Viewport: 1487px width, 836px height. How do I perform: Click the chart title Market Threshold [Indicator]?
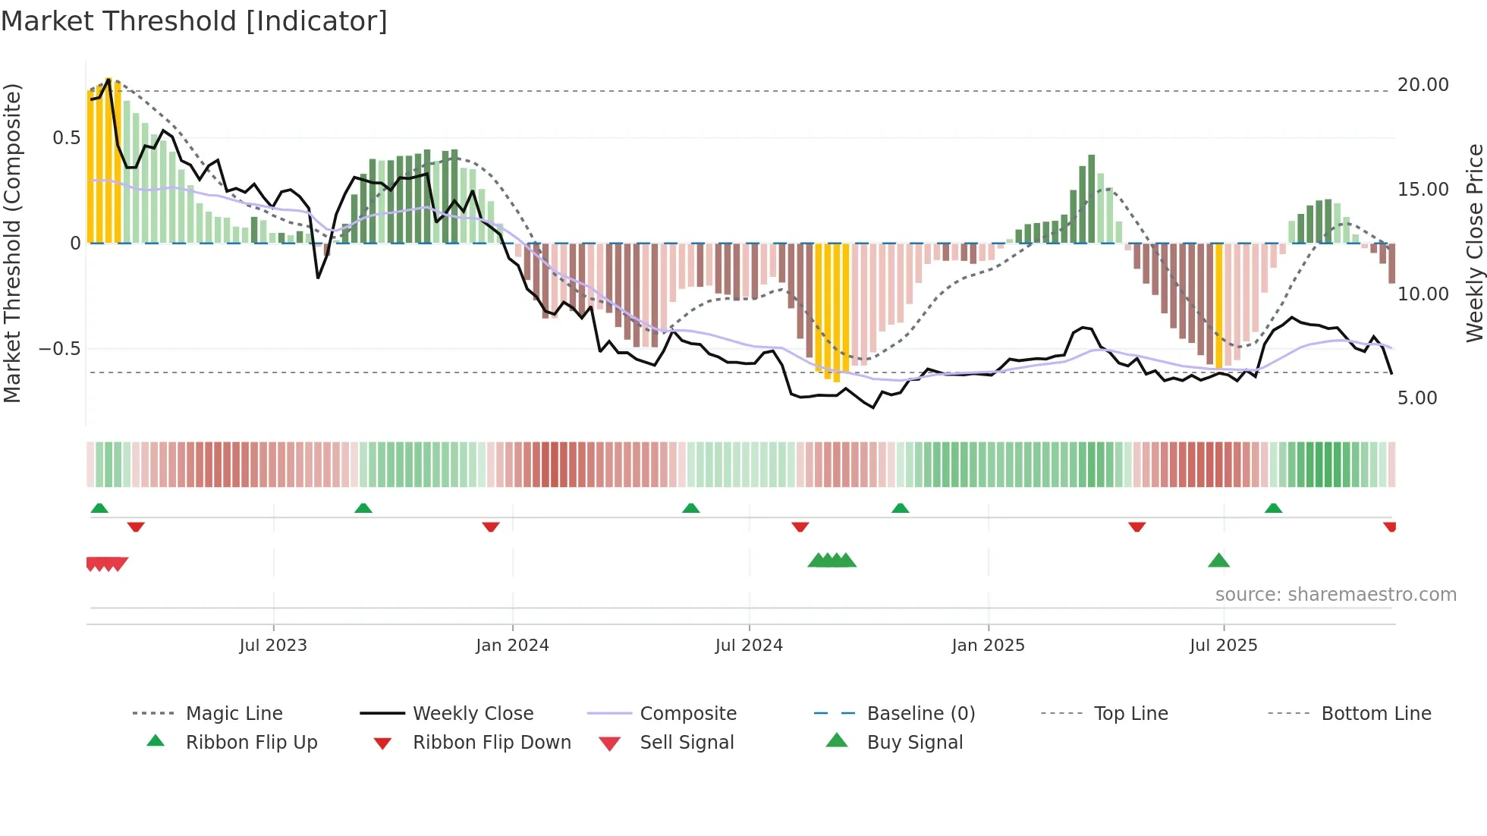pyautogui.click(x=194, y=21)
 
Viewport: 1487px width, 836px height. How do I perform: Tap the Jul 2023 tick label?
pyautogui.click(x=273, y=646)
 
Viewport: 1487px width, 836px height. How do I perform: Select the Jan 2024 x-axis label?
pyautogui.click(x=512, y=646)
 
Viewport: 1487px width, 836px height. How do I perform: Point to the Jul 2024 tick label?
pyautogui.click(x=749, y=646)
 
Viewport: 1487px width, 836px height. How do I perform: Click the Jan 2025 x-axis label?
pyautogui.click(x=988, y=646)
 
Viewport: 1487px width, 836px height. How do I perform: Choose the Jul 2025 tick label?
pyautogui.click(x=1223, y=646)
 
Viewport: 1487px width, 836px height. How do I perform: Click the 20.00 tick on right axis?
pyautogui.click(x=1423, y=85)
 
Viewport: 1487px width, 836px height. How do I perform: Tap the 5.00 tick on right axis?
pyautogui.click(x=1416, y=398)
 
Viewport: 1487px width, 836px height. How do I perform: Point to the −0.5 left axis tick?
pyautogui.click(x=59, y=349)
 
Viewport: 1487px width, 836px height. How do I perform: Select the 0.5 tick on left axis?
pyautogui.click(x=66, y=138)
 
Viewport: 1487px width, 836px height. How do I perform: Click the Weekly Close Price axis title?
pyautogui.click(x=1474, y=243)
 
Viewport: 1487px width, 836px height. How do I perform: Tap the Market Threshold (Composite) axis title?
pyautogui.click(x=12, y=243)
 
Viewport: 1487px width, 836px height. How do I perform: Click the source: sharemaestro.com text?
pyautogui.click(x=1335, y=595)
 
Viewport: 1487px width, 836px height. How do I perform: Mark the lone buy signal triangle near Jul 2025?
pyautogui.click(x=1218, y=561)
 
